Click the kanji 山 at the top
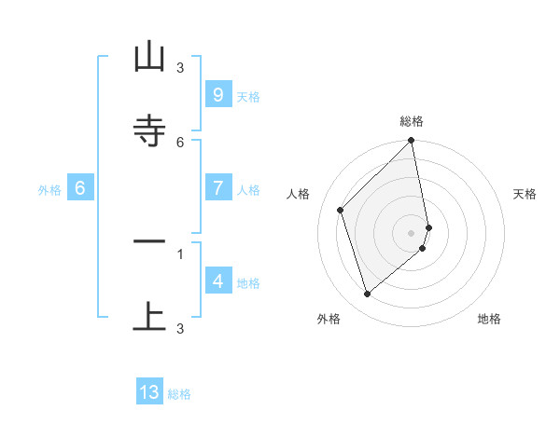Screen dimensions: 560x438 click(149, 58)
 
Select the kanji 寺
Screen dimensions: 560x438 click(149, 131)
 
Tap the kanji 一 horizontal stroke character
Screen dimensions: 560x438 click(149, 242)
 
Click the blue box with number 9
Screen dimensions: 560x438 click(217, 94)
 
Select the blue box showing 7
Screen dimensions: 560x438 click(217, 188)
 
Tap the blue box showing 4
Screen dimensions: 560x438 click(217, 281)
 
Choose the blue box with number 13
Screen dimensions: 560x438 click(149, 392)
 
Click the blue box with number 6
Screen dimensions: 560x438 click(80, 188)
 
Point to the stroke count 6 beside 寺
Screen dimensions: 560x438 click(180, 142)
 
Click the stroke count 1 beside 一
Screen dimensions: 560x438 click(180, 253)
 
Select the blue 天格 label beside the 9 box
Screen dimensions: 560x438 click(248, 97)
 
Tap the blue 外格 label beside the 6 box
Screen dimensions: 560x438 click(49, 190)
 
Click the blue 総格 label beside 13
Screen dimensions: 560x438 click(179, 395)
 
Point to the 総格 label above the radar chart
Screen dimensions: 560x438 click(412, 121)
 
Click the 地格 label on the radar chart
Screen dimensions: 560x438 click(489, 319)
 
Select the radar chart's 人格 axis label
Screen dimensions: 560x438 click(299, 194)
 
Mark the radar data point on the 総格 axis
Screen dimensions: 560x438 click(412, 141)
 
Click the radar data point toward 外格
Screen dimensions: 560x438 click(367, 294)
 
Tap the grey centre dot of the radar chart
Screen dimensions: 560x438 click(412, 232)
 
